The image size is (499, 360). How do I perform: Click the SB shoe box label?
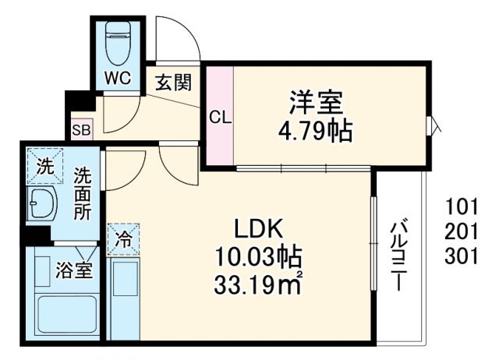pos(80,130)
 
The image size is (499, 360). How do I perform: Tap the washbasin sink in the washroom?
pos(43,206)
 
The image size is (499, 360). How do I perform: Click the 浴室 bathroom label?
pos(75,271)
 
